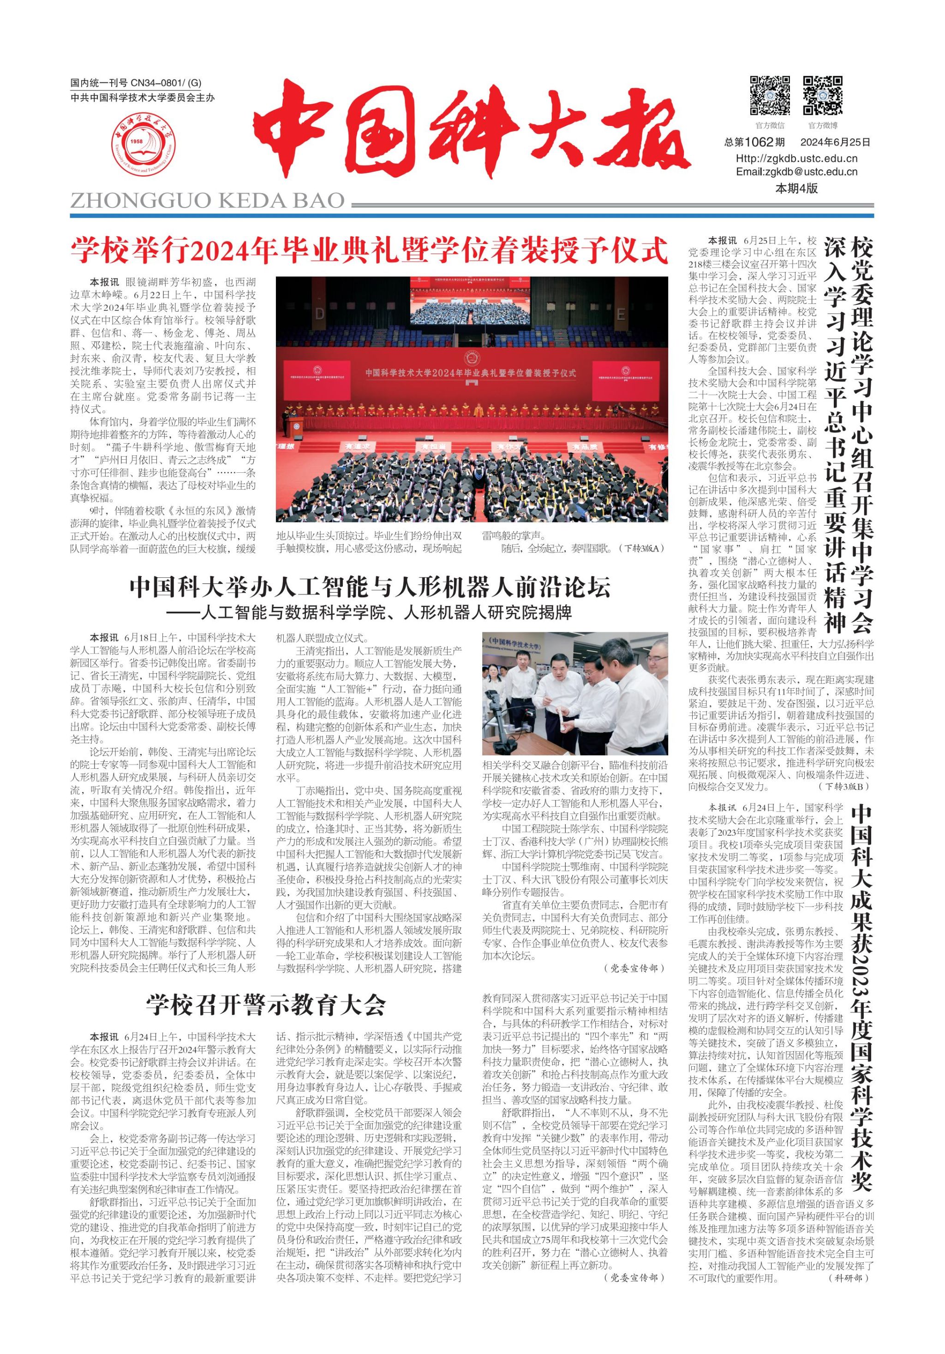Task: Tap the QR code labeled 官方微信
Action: tap(770, 95)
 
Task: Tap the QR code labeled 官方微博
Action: tap(823, 95)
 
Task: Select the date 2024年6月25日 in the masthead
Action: tap(835, 142)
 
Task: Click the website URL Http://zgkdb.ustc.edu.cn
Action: tap(796, 158)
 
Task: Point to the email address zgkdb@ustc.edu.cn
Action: tap(796, 172)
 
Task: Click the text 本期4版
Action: tap(796, 189)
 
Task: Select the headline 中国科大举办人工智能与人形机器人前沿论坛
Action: tap(370, 588)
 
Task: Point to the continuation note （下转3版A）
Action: tap(640, 548)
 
